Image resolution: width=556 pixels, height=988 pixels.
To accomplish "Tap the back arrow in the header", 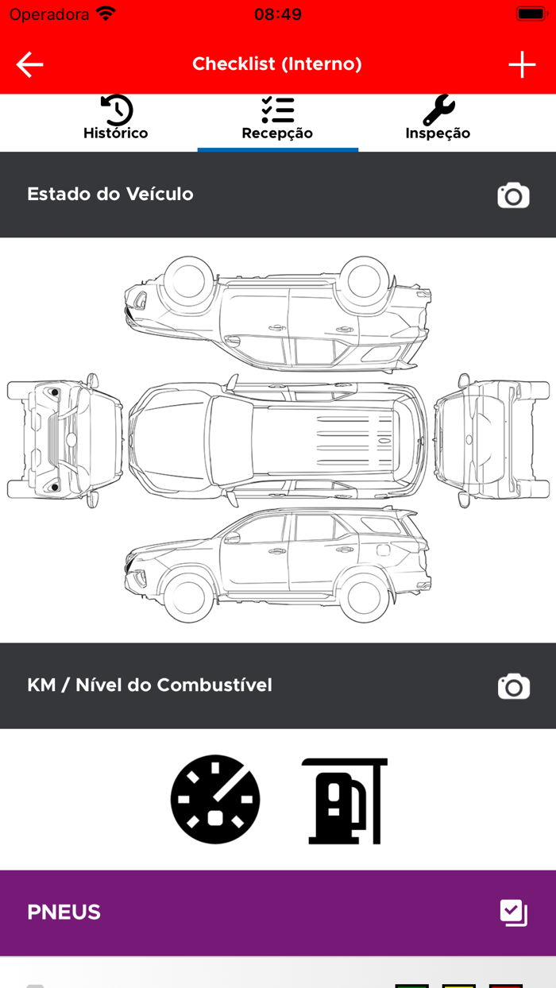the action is (29, 64).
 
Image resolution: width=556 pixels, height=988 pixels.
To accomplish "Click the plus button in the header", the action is (522, 64).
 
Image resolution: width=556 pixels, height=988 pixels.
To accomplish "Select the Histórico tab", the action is (116, 118).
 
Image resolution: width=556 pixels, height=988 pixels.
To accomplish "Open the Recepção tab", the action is (277, 118).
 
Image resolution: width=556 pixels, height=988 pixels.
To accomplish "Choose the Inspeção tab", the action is (438, 118).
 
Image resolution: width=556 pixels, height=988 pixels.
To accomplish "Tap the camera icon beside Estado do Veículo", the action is (513, 195).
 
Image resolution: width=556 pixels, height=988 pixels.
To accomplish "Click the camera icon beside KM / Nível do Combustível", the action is (514, 686).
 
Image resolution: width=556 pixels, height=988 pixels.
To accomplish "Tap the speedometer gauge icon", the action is (215, 799).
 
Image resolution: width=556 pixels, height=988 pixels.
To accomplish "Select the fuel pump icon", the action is (344, 801).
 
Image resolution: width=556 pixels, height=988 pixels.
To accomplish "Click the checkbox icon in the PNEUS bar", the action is (514, 913).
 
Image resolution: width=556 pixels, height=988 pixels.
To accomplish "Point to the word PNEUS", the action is (64, 912).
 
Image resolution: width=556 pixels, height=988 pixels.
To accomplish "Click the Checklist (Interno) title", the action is (277, 64).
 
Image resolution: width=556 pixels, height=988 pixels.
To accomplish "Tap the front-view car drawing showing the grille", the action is (64, 441).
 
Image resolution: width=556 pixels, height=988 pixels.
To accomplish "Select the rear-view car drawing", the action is (492, 441).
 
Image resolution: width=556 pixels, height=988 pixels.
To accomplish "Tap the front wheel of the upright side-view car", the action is (190, 598).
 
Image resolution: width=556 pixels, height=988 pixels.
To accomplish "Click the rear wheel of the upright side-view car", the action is (365, 598).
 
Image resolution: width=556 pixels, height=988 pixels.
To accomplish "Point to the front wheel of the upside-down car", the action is (190, 281).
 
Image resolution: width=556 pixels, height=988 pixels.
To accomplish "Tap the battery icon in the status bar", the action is (532, 14).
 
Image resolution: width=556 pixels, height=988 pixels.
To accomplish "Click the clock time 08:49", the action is (278, 14).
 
